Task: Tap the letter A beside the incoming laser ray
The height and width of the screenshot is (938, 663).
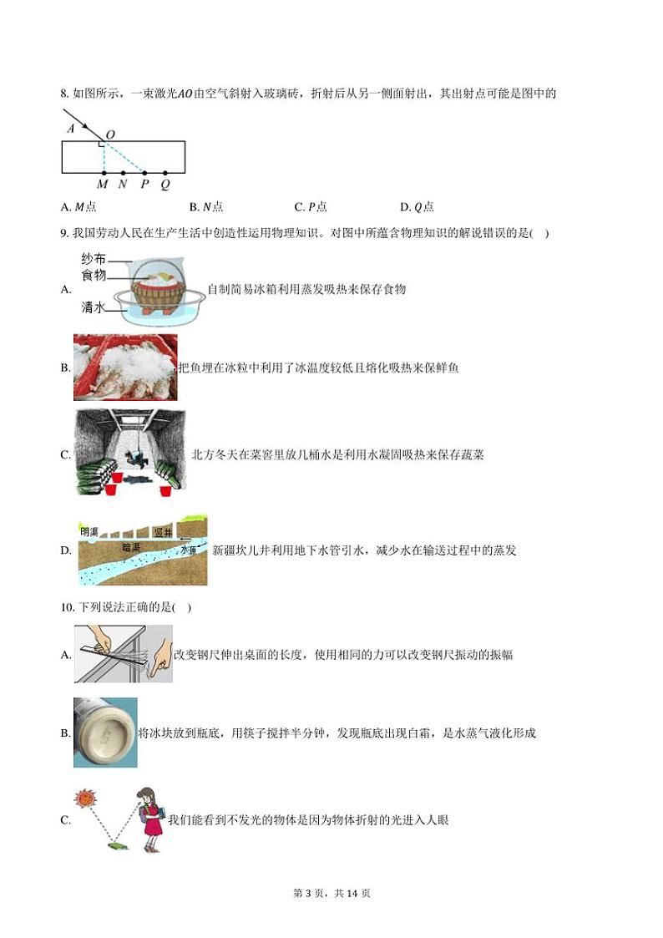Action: [x=71, y=129]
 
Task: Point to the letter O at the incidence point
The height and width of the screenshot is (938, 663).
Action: [x=110, y=134]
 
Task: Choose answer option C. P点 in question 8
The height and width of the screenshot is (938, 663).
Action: [x=311, y=207]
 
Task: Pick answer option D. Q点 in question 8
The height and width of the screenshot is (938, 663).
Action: [x=417, y=207]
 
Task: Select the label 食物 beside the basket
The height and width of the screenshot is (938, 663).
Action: [x=94, y=275]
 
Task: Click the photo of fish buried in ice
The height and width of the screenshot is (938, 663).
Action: [x=125, y=368]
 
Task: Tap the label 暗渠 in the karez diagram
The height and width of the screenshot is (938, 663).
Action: [x=131, y=548]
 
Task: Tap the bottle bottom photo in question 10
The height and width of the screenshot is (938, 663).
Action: [x=105, y=733]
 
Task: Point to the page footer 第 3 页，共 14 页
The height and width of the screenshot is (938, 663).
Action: [x=331, y=893]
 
